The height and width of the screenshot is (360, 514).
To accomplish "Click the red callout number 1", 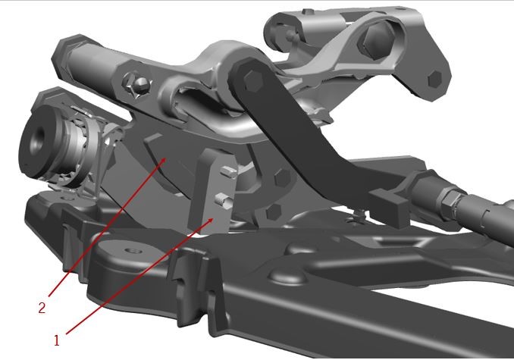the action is click(57, 340).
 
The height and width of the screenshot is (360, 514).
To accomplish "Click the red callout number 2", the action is click(42, 308).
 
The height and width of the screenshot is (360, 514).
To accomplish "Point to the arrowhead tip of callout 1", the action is click(214, 218).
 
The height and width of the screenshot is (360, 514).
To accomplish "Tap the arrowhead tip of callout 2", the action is click(166, 158).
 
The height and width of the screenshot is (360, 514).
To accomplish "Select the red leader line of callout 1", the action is click(140, 277).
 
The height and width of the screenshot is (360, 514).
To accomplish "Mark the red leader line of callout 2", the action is click(107, 227).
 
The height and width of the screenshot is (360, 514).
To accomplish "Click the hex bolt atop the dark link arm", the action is click(253, 80).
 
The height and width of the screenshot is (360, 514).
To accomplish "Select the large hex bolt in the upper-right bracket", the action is click(377, 39).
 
